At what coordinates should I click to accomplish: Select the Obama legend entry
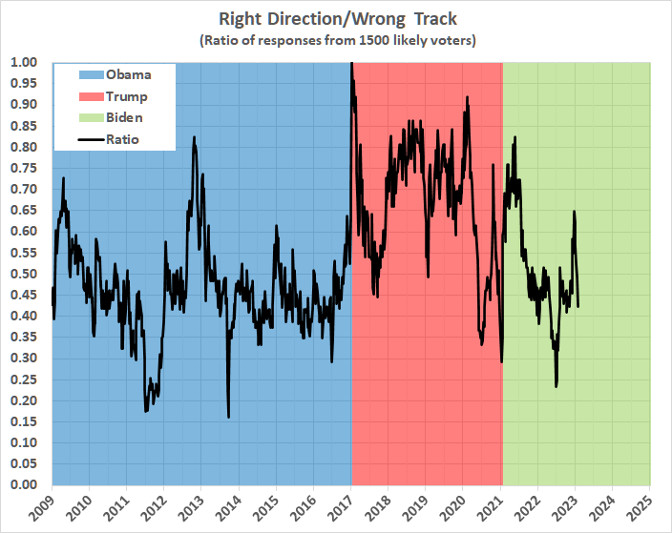point(128,74)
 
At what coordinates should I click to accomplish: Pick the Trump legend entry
point(127,96)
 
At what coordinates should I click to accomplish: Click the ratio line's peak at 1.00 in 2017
point(352,64)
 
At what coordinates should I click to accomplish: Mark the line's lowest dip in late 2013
point(228,416)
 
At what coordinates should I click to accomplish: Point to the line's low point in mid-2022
point(556,385)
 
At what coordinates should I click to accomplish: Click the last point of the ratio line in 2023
point(578,305)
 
